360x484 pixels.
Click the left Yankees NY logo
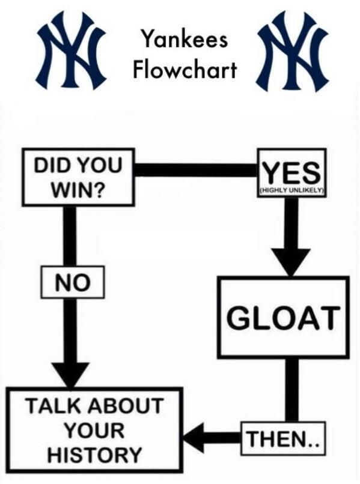tap(72, 50)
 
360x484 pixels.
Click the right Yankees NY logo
tap(293, 51)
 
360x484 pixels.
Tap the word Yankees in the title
tap(185, 40)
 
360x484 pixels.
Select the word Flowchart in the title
tap(185, 69)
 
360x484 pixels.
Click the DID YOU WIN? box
tap(78, 177)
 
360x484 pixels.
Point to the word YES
tap(291, 173)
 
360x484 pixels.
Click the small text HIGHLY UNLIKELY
tap(291, 191)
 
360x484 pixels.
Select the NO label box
tap(73, 282)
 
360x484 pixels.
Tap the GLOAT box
tap(283, 317)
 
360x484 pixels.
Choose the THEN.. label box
tap(283, 438)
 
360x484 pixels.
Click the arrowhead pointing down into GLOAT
tap(291, 261)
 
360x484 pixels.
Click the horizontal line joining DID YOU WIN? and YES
tap(196, 170)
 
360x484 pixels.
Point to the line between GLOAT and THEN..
tap(291, 390)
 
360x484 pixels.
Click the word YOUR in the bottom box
tap(94, 430)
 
